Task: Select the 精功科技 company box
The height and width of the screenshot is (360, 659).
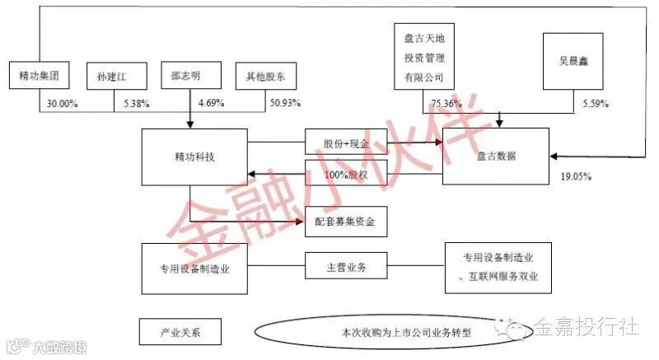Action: pyautogui.click(x=194, y=156)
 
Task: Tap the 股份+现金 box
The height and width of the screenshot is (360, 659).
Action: pyautogui.click(x=346, y=142)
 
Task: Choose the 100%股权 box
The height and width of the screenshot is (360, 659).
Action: pyautogui.click(x=346, y=175)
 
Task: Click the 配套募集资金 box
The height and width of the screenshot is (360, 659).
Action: pyautogui.click(x=346, y=222)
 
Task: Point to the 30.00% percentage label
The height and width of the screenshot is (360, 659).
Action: pyautogui.click(x=58, y=103)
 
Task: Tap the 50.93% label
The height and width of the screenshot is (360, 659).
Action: pyautogui.click(x=285, y=103)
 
